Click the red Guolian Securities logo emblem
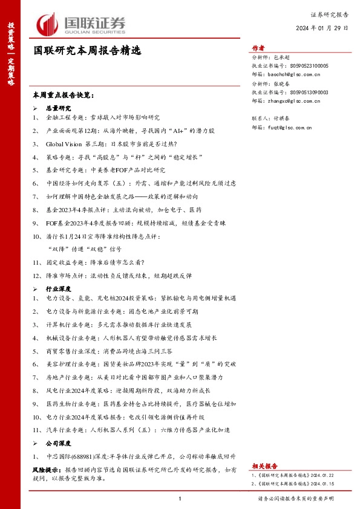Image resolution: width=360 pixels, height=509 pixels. (47, 24)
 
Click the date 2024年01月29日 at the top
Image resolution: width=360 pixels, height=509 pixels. (321, 28)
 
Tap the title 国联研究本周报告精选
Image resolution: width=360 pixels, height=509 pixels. (87, 51)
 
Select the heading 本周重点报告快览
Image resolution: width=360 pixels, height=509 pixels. (64, 96)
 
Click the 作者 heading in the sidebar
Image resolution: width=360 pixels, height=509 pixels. (258, 50)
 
